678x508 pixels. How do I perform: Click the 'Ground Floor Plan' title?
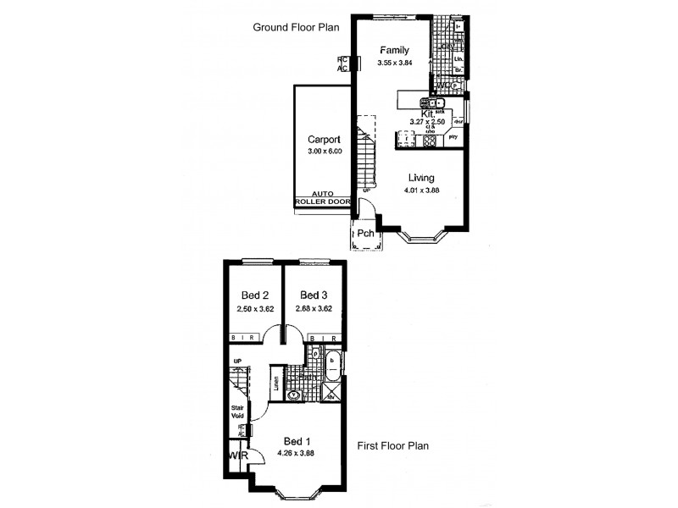pyautogui.click(x=296, y=27)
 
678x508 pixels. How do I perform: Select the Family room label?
pyautogui.click(x=395, y=49)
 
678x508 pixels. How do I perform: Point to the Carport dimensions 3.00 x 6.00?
pyautogui.click(x=324, y=152)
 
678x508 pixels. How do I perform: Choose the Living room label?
pyautogui.click(x=421, y=178)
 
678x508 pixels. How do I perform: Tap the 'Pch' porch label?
pyautogui.click(x=365, y=234)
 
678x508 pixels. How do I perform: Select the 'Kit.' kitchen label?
pyautogui.click(x=428, y=113)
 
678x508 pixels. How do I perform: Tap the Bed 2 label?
pyautogui.click(x=255, y=295)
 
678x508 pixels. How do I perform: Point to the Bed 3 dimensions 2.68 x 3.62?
pyautogui.click(x=313, y=309)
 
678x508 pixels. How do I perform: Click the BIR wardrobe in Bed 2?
pyautogui.click(x=246, y=339)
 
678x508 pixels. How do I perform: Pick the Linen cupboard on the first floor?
pyautogui.click(x=277, y=384)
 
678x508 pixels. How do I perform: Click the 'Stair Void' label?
pyautogui.click(x=237, y=412)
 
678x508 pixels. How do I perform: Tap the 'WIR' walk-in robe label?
pyautogui.click(x=235, y=456)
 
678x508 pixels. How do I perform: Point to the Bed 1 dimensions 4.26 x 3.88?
pyautogui.click(x=295, y=453)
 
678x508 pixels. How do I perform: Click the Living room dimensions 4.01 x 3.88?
pyautogui.click(x=421, y=190)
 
